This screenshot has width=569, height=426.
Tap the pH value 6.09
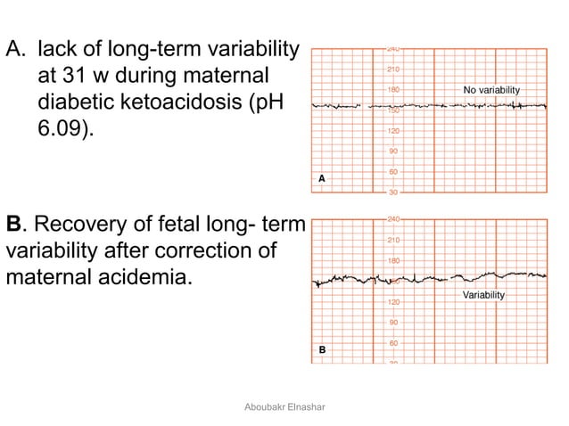[x=63, y=130]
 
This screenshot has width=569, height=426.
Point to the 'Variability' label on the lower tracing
[x=483, y=295]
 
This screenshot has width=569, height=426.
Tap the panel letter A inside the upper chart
[x=322, y=179]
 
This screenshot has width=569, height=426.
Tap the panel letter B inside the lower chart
[x=322, y=350]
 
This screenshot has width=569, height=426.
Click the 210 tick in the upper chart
[x=392, y=70]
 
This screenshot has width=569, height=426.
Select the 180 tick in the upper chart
[x=392, y=90]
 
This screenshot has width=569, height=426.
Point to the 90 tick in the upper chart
[x=392, y=152]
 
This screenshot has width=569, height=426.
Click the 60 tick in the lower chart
[x=392, y=343]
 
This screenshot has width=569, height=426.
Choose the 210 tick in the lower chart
[x=392, y=241]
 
